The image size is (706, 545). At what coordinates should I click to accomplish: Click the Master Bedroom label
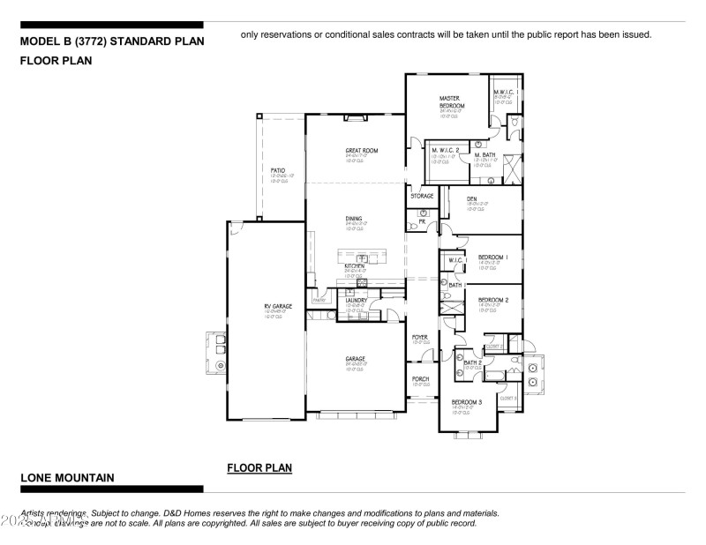tap(452, 101)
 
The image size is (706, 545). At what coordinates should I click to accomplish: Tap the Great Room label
tap(361, 151)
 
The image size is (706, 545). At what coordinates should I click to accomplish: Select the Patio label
tap(278, 169)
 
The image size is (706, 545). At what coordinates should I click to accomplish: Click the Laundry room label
tap(356, 300)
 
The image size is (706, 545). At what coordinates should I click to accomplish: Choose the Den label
tap(471, 199)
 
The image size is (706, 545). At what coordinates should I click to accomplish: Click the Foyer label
tap(420, 337)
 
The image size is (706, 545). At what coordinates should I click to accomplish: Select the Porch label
tap(420, 378)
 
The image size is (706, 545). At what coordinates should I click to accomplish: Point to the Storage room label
tap(422, 196)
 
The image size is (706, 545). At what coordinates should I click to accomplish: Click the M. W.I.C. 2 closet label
tap(446, 151)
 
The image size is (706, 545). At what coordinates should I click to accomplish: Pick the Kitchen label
tap(355, 265)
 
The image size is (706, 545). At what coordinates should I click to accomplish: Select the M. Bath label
tap(484, 155)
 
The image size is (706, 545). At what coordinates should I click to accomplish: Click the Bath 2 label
tap(472, 362)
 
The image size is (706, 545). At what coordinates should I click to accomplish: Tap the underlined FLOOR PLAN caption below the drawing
tap(259, 467)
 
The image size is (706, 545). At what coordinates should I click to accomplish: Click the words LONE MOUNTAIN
tap(67, 478)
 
